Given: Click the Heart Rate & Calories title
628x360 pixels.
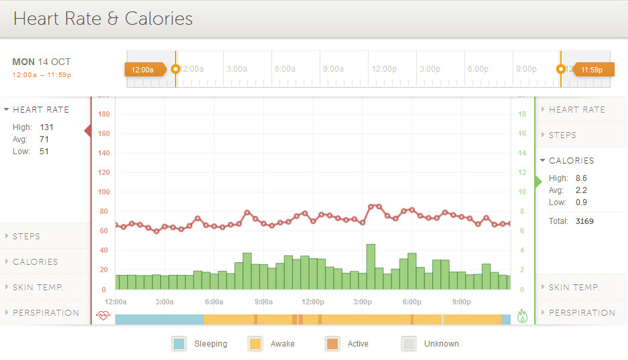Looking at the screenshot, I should (103, 19).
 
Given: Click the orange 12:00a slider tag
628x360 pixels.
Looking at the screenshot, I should (143, 69).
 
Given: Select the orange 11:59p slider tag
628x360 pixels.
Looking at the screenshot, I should (592, 69).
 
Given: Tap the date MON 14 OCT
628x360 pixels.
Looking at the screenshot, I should (41, 62).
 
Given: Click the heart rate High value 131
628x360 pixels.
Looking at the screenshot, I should (46, 127).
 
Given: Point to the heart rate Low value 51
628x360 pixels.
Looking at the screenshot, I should (44, 152).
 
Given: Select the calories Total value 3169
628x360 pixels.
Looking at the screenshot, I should (584, 221).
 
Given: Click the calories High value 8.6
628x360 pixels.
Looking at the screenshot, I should (581, 178).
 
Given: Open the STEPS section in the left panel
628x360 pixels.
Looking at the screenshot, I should (26, 237).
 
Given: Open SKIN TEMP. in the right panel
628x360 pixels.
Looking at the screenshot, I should (574, 288).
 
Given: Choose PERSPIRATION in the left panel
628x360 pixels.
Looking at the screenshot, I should (46, 313).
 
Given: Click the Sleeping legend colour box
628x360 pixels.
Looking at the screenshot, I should (179, 344).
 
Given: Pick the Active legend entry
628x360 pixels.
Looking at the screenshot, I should (358, 344).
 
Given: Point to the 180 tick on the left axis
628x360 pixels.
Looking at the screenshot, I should (103, 114).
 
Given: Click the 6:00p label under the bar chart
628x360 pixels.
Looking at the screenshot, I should (412, 302).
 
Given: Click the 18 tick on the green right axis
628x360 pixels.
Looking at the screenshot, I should (522, 114).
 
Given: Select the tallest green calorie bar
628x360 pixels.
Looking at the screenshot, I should (371, 267).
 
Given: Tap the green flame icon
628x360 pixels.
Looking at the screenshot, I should (523, 315).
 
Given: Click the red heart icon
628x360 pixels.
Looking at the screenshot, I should (103, 315).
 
